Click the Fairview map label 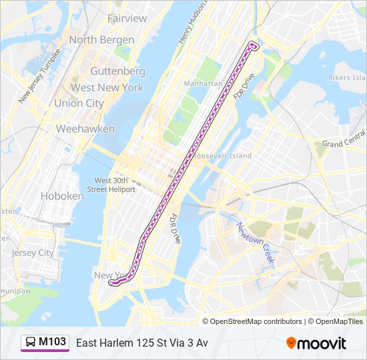[x=127, y=18]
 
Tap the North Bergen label [x=101, y=40]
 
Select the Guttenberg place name [x=117, y=71]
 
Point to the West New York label [x=107, y=87]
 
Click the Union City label [x=79, y=103]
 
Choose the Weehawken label [x=85, y=129]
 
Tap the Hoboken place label [x=62, y=196]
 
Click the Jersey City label [x=33, y=253]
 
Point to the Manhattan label [x=203, y=84]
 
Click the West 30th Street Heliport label [x=115, y=185]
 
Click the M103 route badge [x=52, y=342]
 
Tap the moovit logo [x=316, y=343]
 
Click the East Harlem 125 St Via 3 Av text [x=142, y=343]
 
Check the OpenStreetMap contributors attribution [x=256, y=321]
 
